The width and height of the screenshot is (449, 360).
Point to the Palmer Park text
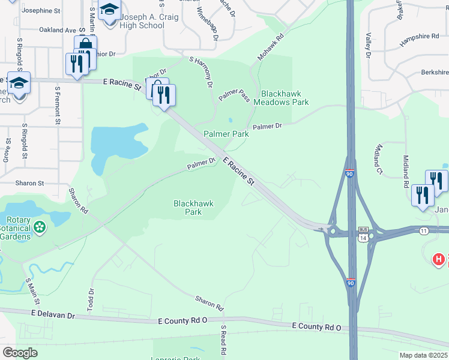click(x=226, y=134)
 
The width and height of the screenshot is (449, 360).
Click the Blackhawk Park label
click(x=193, y=208)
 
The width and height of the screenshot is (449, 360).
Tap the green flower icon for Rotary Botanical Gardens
click(x=40, y=227)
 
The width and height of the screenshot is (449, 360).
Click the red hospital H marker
click(x=439, y=259)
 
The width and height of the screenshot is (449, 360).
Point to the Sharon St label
click(x=30, y=183)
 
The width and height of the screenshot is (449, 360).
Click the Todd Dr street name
click(x=91, y=300)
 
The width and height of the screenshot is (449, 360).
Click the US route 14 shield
click(x=363, y=238)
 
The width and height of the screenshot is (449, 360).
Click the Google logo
click(x=20, y=353)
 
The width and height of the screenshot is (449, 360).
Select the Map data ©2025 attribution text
click(x=423, y=355)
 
